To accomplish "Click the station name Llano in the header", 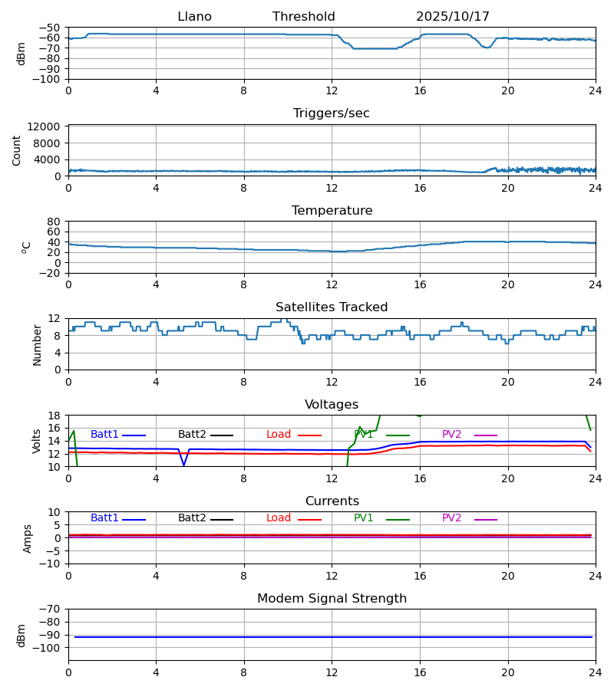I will [x=194, y=17].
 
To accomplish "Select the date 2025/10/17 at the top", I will [x=453, y=17].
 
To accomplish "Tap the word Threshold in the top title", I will [x=303, y=17].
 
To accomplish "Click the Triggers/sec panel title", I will [x=332, y=113].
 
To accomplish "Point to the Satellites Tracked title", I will [x=332, y=307].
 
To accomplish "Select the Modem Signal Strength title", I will [x=332, y=599].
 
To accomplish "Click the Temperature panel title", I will [x=332, y=211].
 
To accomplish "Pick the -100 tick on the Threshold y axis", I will [x=48, y=79].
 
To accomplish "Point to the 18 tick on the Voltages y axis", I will [x=54, y=416].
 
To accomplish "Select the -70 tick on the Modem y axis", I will [x=51, y=609].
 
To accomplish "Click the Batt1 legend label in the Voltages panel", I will [x=104, y=435].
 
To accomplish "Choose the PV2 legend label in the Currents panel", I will [x=451, y=518].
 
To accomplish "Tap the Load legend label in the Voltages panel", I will [x=279, y=435].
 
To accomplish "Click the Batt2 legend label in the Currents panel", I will [x=192, y=518].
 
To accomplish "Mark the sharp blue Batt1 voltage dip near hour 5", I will [x=183, y=464].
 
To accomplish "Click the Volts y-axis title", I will [x=37, y=441].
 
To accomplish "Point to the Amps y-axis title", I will [x=28, y=538].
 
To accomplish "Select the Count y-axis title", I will [x=17, y=150].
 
